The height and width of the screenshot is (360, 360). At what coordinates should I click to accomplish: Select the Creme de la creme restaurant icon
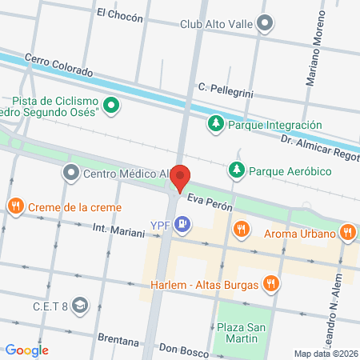[x=15, y=207]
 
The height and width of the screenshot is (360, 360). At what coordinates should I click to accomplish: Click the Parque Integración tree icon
[x=215, y=124]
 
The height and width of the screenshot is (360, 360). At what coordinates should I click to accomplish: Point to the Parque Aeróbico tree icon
[x=236, y=170]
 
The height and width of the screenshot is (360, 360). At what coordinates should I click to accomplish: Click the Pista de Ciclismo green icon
[x=113, y=105]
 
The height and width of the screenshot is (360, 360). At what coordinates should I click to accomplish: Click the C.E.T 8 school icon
[x=79, y=305]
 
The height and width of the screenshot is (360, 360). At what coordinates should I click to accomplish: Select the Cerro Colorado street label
[x=58, y=65]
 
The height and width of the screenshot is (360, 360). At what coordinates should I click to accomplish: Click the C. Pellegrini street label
[x=226, y=90]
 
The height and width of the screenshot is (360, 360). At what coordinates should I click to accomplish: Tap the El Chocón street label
[x=119, y=14]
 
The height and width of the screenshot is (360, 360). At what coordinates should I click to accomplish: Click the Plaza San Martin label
[x=241, y=334]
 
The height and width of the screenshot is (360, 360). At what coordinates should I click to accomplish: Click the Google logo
[x=26, y=350]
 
